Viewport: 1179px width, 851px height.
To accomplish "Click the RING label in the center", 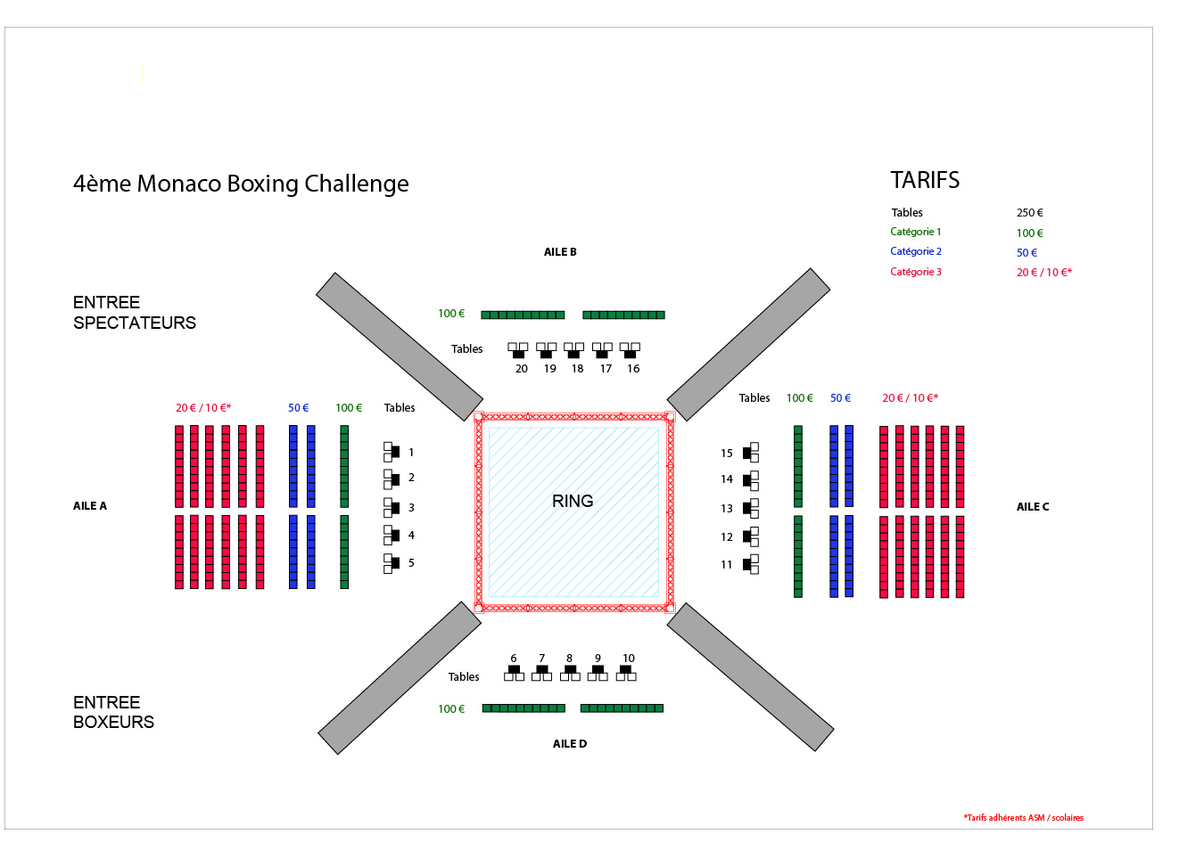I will pyautogui.click(x=573, y=501).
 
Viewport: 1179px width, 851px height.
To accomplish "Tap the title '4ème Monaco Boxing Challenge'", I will pyautogui.click(x=241, y=184).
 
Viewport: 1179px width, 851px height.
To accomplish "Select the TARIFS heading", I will pyautogui.click(x=925, y=180).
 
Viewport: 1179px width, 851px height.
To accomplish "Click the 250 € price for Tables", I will pyautogui.click(x=1029, y=213).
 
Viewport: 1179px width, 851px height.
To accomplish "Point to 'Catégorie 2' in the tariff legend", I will pyautogui.click(x=915, y=251).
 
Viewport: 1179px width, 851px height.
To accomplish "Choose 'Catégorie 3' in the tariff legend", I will pyautogui.click(x=915, y=272).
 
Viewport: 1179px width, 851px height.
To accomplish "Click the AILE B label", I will pyautogui.click(x=560, y=252).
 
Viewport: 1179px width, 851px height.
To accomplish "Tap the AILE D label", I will pyautogui.click(x=569, y=744).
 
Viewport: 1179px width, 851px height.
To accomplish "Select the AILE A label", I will pyautogui.click(x=90, y=506).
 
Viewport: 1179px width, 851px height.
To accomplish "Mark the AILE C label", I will pyautogui.click(x=1033, y=507).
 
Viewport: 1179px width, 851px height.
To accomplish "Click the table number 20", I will pyautogui.click(x=522, y=369).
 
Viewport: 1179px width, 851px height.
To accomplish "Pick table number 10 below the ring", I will pyautogui.click(x=629, y=659).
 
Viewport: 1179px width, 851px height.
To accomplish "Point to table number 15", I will pyautogui.click(x=727, y=454).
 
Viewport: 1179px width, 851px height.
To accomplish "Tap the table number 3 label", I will pyautogui.click(x=411, y=508).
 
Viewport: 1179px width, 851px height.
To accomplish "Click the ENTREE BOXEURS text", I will pyautogui.click(x=113, y=713).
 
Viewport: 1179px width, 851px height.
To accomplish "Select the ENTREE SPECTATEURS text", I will pyautogui.click(x=134, y=313).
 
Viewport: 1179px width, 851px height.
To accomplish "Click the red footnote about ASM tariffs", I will pyautogui.click(x=1023, y=818).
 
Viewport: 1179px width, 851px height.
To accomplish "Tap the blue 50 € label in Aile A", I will pyautogui.click(x=298, y=408).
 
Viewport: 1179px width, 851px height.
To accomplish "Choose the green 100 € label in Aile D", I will pyautogui.click(x=451, y=709).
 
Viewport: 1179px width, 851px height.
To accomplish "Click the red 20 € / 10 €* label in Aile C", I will pyautogui.click(x=910, y=398).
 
